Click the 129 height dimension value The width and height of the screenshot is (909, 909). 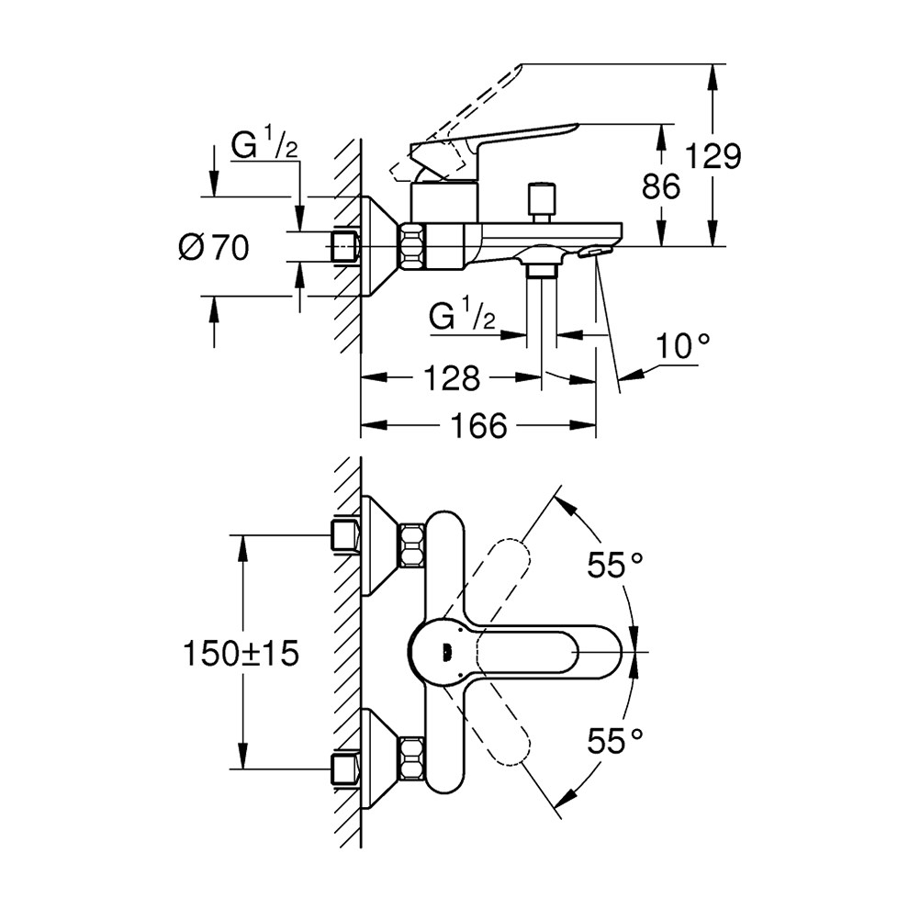click(715, 157)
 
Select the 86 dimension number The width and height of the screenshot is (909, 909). click(661, 187)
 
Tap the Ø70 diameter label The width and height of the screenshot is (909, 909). click(214, 248)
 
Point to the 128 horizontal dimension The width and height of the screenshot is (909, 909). click(454, 376)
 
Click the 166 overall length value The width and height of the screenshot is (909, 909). click(480, 425)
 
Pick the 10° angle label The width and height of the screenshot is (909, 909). click(684, 346)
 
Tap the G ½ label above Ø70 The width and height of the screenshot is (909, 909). click(263, 146)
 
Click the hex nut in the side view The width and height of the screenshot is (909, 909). click(412, 247)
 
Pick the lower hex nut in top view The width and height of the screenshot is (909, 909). click(410, 763)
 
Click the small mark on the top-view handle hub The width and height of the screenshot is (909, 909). click(446, 651)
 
